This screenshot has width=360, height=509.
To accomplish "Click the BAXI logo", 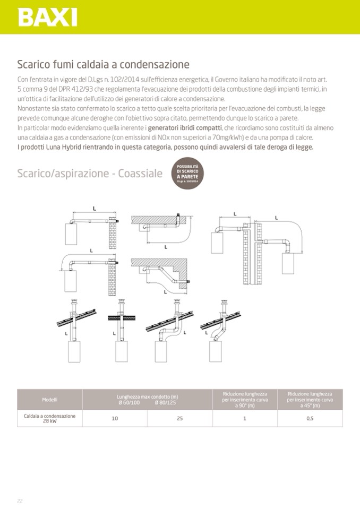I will tap(48, 18).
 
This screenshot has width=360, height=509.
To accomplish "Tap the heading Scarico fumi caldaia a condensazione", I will tap(103, 65).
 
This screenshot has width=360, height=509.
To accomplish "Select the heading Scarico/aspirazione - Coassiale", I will tap(90, 174).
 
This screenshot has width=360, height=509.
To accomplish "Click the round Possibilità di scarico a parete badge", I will tap(187, 174).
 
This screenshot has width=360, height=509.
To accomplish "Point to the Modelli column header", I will tap(50, 399).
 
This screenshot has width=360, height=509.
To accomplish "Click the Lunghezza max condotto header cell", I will tap(147, 399).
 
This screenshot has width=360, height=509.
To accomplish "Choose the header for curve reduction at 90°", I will tap(245, 399).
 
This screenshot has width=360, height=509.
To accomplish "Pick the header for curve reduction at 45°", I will tap(310, 399).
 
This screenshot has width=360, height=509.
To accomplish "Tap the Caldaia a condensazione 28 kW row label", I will tap(50, 418).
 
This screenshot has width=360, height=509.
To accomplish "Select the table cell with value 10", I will tap(115, 418).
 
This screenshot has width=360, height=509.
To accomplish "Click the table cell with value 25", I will tap(179, 418).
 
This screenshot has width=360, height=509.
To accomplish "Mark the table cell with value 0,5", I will tap(310, 418).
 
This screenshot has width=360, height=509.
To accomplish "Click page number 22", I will tap(20, 501).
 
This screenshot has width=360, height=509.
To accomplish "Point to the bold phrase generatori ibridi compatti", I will tap(185, 128).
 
